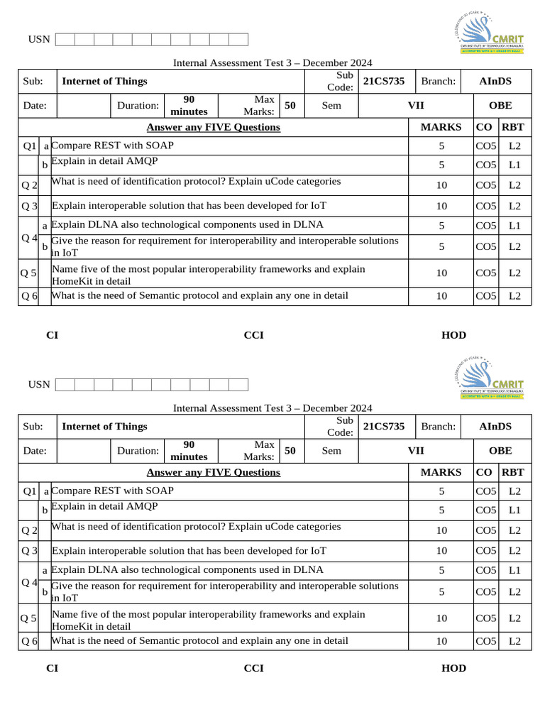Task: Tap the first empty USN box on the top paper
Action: (x=65, y=39)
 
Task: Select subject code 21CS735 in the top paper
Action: (x=383, y=81)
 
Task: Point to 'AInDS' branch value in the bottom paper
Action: (x=495, y=426)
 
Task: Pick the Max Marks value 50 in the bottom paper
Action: (x=290, y=450)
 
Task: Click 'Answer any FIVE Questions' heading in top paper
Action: (x=213, y=127)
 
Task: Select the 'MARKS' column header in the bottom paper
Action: (x=441, y=472)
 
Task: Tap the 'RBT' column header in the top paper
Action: (x=512, y=127)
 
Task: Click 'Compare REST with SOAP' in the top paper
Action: (x=113, y=146)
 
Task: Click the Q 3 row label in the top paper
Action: (x=29, y=206)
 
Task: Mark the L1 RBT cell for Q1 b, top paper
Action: (x=514, y=165)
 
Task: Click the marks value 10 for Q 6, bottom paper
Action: (x=441, y=641)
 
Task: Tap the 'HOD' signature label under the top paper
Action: (x=453, y=335)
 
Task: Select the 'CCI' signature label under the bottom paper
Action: (x=253, y=668)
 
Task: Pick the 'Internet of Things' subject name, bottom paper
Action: (x=104, y=426)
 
